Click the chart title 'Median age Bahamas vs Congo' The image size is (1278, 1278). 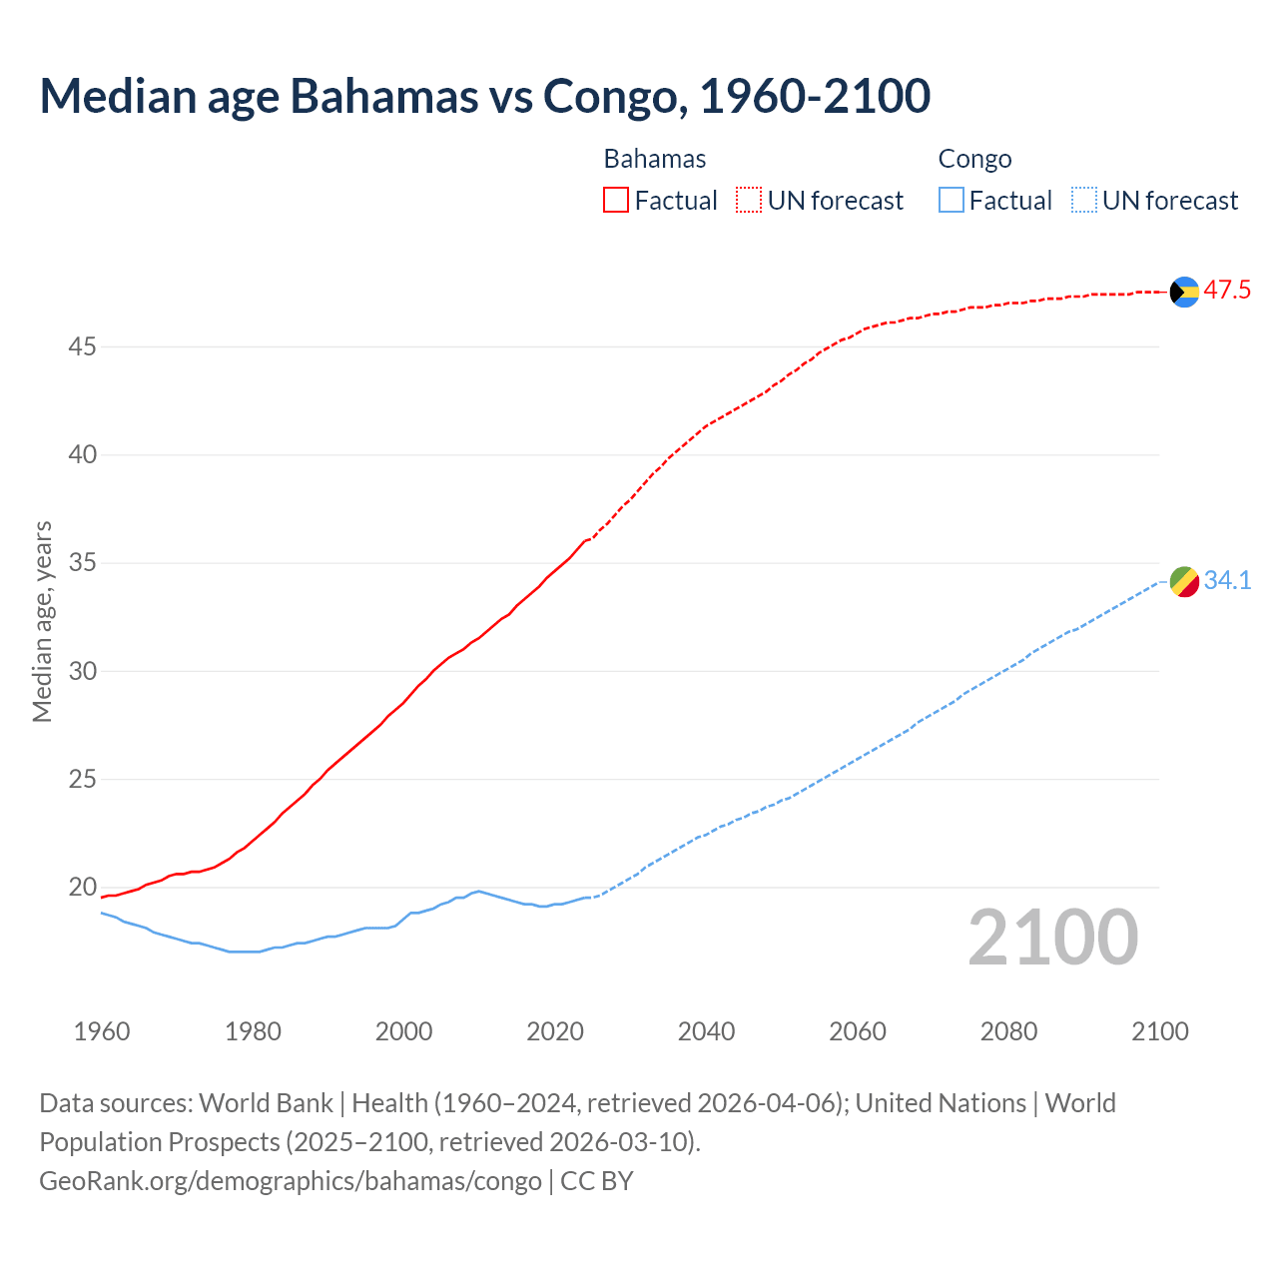(485, 96)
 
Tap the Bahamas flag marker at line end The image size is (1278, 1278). (1184, 292)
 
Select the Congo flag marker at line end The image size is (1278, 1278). (1184, 581)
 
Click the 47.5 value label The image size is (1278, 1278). (1227, 291)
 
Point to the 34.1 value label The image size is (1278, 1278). (1227, 580)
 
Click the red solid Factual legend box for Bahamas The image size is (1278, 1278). (616, 201)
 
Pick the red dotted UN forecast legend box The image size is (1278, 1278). (749, 201)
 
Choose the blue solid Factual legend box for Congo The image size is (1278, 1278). (951, 201)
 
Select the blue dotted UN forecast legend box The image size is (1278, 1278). (1083, 201)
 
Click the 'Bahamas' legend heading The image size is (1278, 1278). (655, 159)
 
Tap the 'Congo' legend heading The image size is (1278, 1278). (974, 159)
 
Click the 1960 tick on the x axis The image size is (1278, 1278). (102, 1031)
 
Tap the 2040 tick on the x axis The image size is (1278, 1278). (706, 1031)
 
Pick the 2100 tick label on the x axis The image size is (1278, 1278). (1159, 1031)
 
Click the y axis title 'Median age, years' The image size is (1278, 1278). (42, 621)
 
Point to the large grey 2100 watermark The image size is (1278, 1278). (1052, 938)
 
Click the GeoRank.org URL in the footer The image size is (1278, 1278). (291, 1181)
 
